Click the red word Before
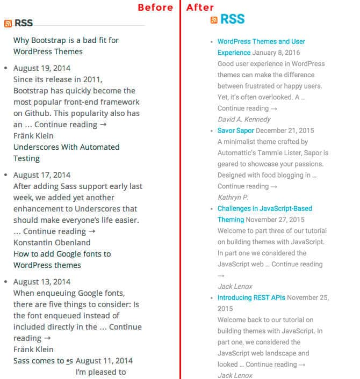(155, 8)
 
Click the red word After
(200, 8)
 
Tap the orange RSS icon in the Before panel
(8, 23)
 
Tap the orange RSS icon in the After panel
(214, 20)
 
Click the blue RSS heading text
(232, 19)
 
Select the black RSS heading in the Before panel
(24, 23)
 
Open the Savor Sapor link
(236, 130)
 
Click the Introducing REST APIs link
(251, 297)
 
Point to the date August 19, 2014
(42, 68)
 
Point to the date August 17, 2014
(42, 175)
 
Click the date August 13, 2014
(42, 282)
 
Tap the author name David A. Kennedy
(244, 119)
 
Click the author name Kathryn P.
(233, 197)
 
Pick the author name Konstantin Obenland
(52, 243)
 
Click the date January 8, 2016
(276, 53)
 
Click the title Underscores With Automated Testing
(66, 152)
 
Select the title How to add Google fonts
(62, 259)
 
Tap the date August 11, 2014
(104, 361)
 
